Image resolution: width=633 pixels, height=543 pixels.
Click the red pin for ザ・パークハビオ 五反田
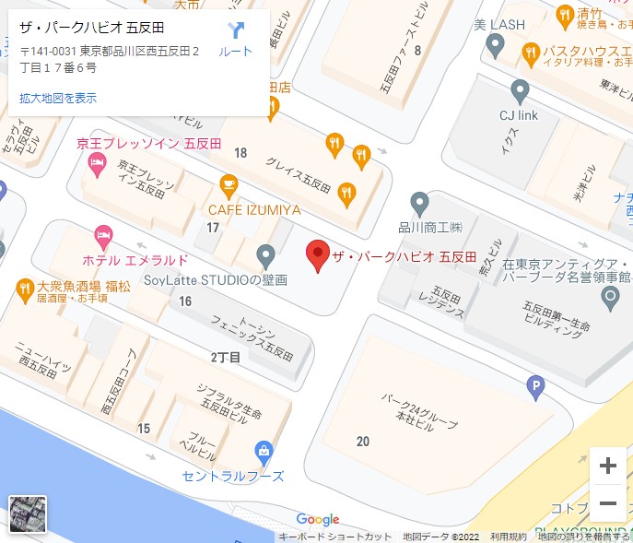(x=317, y=254)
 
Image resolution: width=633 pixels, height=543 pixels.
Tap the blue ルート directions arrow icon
(x=235, y=31)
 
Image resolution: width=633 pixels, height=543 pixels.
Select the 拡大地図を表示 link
(x=58, y=98)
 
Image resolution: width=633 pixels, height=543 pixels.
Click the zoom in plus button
(x=607, y=466)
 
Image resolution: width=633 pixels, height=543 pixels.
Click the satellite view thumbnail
(x=28, y=514)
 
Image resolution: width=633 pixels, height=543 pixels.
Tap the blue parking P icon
(x=535, y=389)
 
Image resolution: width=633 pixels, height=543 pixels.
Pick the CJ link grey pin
(x=520, y=92)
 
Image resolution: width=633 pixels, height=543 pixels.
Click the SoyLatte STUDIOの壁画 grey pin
(x=265, y=255)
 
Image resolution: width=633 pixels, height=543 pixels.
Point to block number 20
(x=363, y=442)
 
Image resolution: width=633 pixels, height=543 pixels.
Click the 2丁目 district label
(x=226, y=357)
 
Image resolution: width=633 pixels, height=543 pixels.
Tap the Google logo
(x=318, y=520)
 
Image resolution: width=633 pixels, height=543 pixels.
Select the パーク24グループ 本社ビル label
(x=415, y=408)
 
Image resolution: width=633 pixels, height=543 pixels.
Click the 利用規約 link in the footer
(x=509, y=537)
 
